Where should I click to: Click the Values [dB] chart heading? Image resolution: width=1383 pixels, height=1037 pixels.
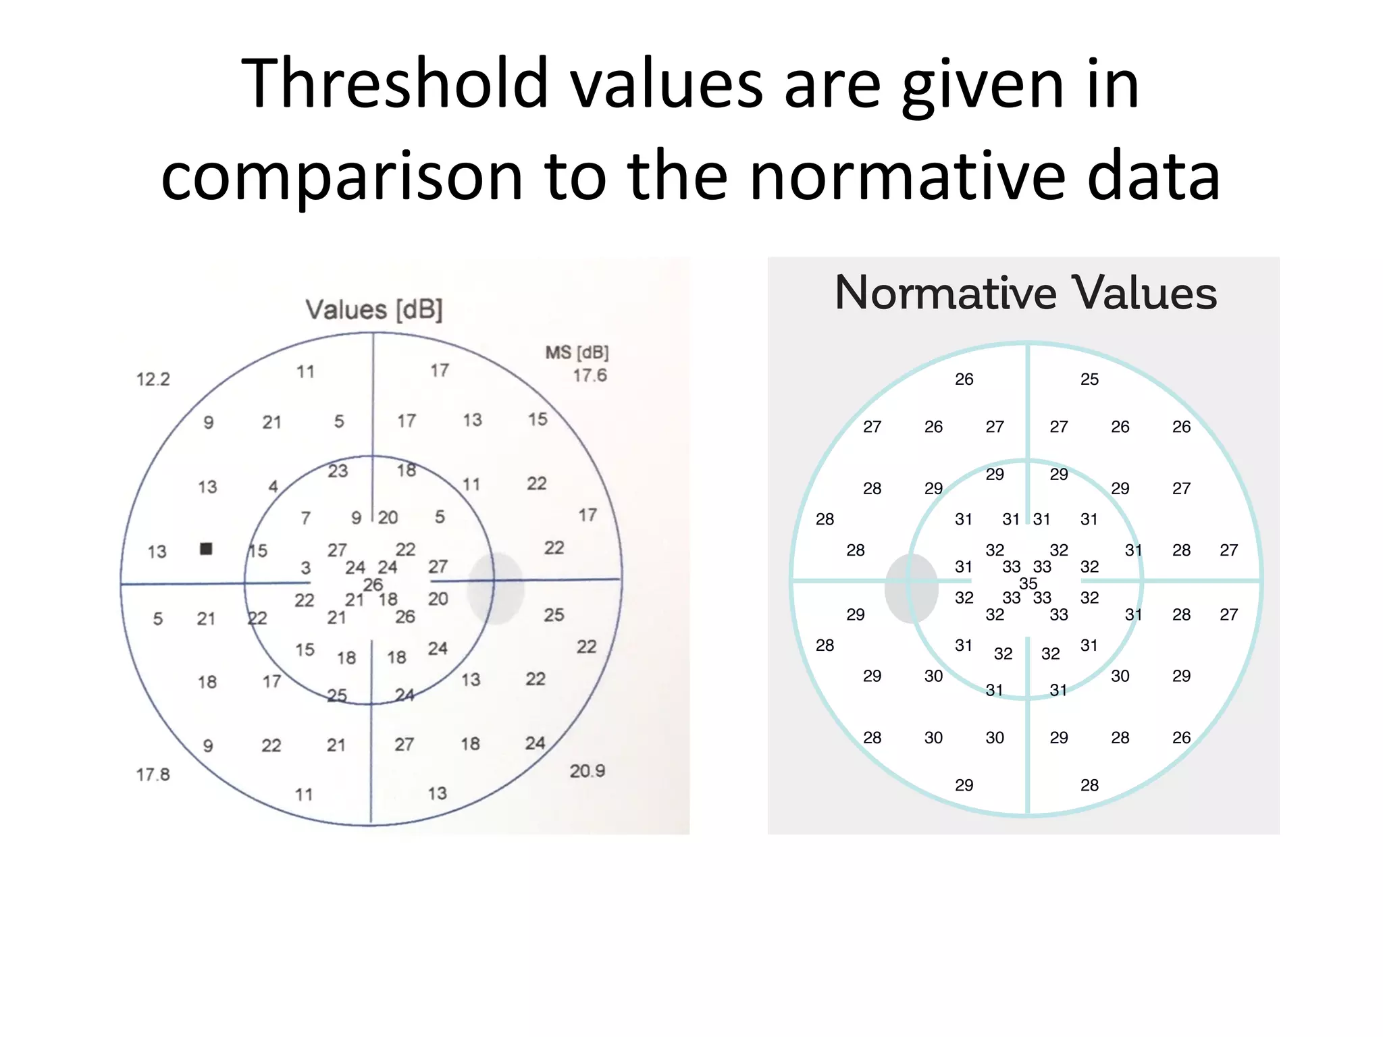374,310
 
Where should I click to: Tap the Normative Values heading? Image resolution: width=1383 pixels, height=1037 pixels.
1025,293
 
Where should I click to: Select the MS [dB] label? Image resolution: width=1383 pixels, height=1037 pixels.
577,352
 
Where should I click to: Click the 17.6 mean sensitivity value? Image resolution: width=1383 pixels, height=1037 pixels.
590,375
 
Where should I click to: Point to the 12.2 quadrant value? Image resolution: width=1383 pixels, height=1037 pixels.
153,379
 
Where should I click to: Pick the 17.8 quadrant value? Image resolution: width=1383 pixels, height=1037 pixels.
153,774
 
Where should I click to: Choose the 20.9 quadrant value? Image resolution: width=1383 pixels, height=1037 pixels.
587,771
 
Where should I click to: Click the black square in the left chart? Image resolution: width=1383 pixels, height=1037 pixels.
207,549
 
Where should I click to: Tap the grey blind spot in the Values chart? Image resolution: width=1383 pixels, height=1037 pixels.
496,588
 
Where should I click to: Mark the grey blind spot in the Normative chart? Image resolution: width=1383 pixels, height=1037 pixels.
912,588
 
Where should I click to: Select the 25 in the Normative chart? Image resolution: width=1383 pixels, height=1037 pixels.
1089,379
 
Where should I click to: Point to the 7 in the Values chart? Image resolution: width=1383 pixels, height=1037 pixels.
306,518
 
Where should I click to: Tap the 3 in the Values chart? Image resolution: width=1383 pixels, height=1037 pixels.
306,568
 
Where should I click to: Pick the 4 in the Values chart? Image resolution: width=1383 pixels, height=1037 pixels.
273,487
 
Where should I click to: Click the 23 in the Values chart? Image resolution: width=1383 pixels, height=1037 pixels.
338,471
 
